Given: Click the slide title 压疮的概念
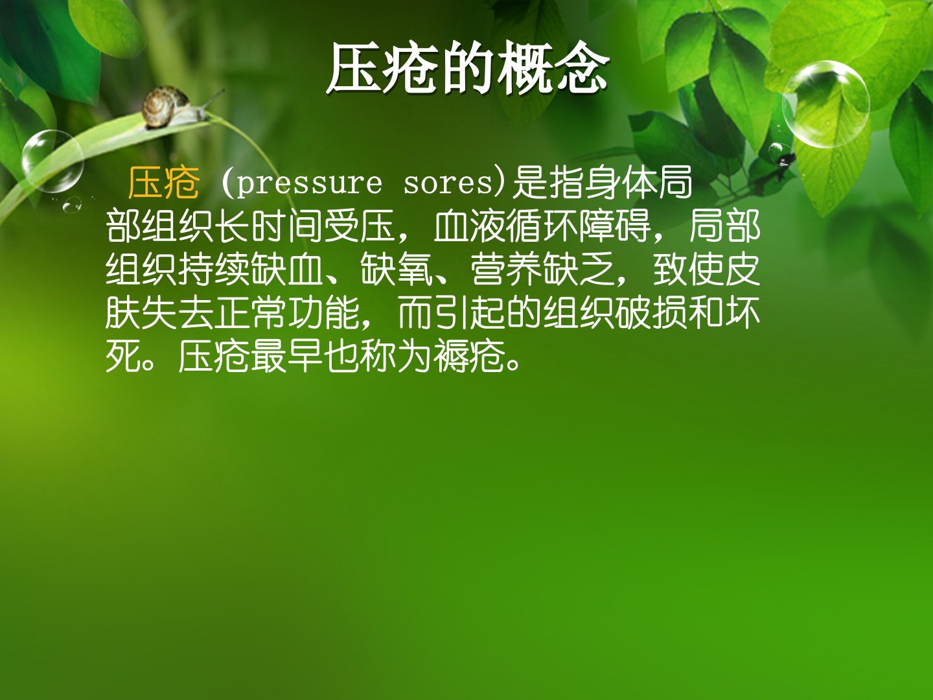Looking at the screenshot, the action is [468, 68].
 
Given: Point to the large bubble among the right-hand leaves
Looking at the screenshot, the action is [825, 104].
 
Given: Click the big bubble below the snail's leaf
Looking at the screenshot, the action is [52, 161].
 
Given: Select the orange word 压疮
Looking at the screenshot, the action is [164, 183].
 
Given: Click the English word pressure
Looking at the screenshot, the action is [309, 184].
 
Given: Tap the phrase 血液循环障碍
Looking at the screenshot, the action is [542, 227].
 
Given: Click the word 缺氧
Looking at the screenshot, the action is [397, 270].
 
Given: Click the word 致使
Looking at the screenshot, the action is [689, 270].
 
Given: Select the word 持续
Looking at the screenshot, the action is [214, 270].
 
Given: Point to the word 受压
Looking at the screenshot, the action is [360, 227].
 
